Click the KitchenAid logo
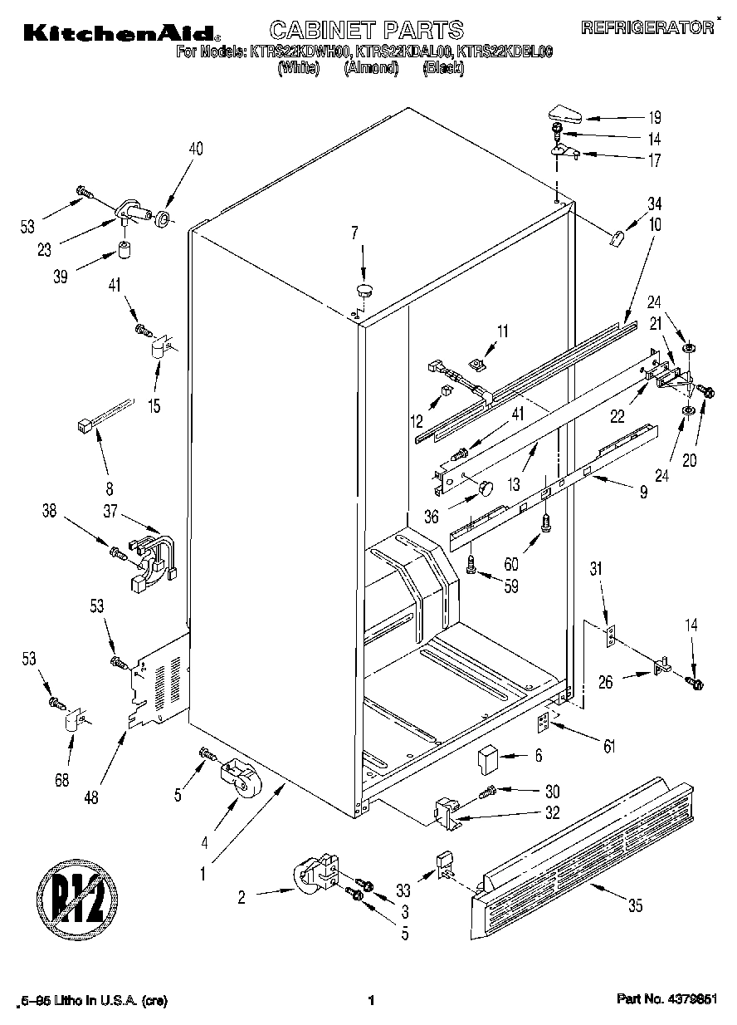[x=120, y=32]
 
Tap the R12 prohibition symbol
[x=76, y=899]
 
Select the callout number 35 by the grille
[x=635, y=906]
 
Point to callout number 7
[x=355, y=233]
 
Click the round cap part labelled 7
[x=364, y=289]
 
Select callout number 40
[x=196, y=150]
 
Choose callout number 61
[x=610, y=747]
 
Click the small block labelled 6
[x=486, y=757]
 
